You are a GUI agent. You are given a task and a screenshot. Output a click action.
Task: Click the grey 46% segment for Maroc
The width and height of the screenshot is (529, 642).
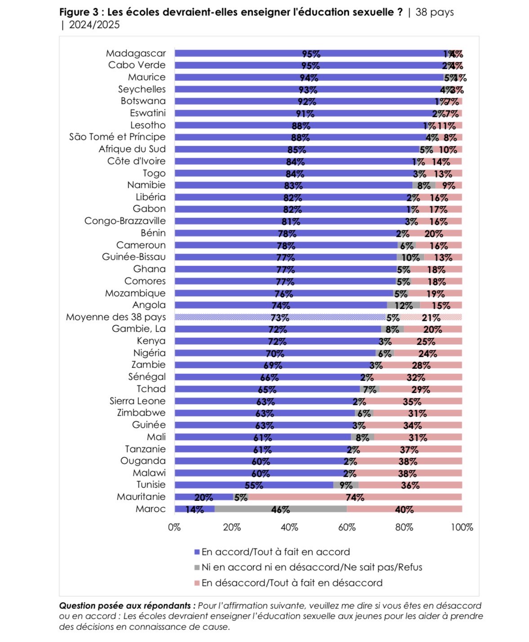point(280,509)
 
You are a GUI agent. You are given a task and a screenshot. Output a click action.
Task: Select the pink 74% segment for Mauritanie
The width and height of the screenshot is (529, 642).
point(355,497)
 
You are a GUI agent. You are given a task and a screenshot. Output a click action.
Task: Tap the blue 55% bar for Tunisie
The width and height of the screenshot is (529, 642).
point(254,485)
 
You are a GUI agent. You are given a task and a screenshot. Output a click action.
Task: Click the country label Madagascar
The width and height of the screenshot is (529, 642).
point(136,53)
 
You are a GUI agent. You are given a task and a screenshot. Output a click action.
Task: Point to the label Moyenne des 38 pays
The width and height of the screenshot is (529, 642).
point(116,317)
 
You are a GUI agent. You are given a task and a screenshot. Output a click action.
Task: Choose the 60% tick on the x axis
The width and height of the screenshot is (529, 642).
point(347,527)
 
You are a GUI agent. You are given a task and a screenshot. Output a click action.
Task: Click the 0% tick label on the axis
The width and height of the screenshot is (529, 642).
point(174,527)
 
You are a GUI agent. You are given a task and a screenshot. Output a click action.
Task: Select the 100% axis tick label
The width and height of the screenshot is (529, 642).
point(462,527)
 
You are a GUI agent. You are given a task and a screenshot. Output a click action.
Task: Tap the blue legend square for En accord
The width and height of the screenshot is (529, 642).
point(196,552)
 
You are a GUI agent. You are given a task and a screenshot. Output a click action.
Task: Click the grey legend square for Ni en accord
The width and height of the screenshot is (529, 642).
point(196,567)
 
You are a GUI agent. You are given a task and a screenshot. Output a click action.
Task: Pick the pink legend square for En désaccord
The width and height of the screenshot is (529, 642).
point(196,583)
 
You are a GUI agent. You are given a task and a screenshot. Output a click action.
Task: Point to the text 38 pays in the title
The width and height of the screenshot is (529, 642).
point(434,12)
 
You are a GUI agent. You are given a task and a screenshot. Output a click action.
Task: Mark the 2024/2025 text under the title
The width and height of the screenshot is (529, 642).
point(94,25)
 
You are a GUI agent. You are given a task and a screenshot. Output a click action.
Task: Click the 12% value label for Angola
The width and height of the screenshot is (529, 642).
point(403,306)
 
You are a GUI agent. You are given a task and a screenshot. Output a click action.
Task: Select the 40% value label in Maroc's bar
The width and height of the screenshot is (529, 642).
point(404,509)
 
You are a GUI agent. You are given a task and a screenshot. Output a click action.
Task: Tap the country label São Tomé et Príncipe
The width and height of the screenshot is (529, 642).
point(117,137)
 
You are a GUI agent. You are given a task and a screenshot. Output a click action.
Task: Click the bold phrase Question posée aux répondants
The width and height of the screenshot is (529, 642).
point(127,606)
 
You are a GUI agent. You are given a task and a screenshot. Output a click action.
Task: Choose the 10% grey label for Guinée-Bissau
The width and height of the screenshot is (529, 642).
point(410,257)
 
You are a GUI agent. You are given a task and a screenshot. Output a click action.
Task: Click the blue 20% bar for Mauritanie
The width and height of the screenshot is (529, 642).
point(204,497)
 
